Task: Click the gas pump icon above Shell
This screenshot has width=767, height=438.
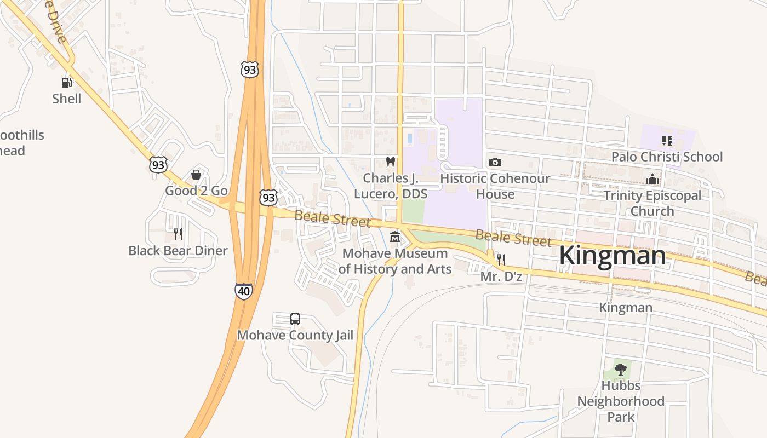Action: point(66,83)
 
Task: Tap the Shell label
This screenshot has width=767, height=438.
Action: point(66,99)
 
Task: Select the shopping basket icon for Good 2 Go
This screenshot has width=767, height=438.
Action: point(196,175)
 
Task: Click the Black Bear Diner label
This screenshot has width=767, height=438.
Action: point(178,251)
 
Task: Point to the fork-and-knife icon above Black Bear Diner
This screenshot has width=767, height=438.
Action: point(178,234)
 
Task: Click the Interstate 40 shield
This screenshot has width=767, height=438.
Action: point(243,291)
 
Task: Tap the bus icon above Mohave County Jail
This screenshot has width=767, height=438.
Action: point(295,319)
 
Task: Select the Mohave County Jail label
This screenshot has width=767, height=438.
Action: point(295,335)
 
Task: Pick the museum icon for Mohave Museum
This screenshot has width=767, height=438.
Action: point(394,238)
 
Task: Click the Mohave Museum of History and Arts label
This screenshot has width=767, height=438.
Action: point(394,261)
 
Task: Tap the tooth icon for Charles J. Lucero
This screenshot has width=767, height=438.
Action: point(390,162)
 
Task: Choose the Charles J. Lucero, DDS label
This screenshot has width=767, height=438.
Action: point(390,186)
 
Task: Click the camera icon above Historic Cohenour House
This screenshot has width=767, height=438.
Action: point(495,162)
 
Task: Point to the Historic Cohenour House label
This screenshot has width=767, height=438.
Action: point(495,186)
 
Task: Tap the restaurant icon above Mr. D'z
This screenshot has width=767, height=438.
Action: point(501,260)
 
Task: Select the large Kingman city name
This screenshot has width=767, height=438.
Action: point(612,256)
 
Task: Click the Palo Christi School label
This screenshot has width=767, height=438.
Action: point(667,157)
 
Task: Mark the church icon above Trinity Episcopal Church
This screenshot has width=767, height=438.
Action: point(652,179)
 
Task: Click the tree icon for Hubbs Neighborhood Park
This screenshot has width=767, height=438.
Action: point(620,370)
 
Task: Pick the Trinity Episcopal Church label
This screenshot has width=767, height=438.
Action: point(652,203)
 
